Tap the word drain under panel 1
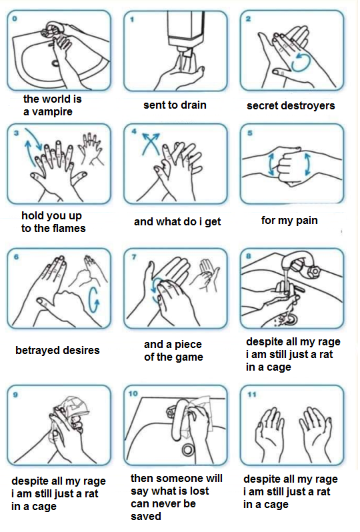193,105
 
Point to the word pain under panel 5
307,221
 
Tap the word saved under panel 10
146,517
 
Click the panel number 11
252,394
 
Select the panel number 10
133,393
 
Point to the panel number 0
14,19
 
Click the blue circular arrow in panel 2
301,62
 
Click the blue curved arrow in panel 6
93,301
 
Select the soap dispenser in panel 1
186,31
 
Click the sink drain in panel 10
187,449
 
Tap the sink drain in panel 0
55,63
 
